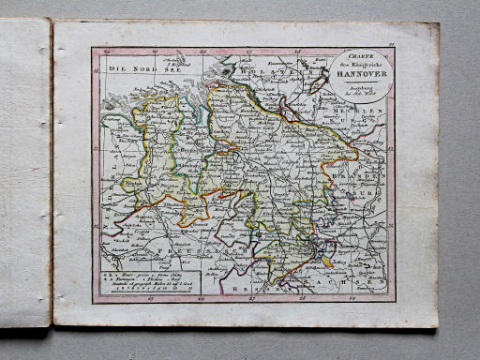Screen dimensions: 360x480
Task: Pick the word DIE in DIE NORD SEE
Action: point(114,69)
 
